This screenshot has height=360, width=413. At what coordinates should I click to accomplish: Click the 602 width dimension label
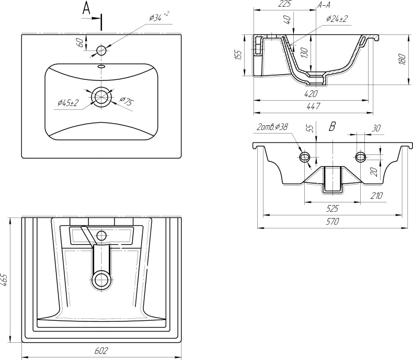101,351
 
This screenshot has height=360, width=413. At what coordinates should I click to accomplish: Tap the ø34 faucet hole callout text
158,17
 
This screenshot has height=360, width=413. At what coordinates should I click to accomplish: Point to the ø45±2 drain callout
68,102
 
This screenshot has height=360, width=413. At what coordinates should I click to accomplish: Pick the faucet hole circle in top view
101,50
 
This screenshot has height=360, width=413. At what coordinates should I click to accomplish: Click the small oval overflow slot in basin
101,66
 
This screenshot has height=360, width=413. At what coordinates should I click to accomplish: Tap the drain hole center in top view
101,97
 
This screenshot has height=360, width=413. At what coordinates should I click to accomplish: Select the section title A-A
324,5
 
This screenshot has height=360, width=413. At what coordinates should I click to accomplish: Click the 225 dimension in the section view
285,4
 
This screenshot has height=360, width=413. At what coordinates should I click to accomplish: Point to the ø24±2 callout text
337,19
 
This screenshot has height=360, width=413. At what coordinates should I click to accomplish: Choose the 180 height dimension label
402,59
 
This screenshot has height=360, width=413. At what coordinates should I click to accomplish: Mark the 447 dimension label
313,106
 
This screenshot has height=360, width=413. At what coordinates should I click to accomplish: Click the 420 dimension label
311,93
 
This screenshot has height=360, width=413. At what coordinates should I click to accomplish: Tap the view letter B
332,127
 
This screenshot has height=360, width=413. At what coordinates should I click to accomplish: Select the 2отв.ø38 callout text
272,127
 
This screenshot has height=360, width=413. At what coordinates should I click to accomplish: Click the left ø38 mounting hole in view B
305,157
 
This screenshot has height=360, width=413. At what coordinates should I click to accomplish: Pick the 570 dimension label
332,222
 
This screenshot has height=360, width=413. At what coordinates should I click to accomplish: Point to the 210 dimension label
376,196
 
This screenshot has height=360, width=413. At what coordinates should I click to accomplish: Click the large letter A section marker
86,8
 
